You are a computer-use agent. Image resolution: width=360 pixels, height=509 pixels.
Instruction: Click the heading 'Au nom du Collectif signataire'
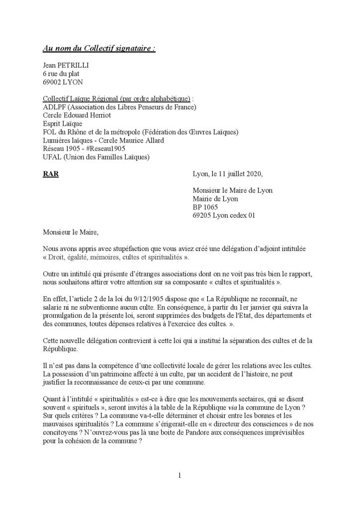[98, 48]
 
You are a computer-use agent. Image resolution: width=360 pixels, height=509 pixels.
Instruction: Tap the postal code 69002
[53, 81]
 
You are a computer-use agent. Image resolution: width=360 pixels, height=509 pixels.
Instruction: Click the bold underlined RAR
[51, 174]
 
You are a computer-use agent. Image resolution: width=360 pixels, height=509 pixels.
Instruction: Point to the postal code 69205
[203, 215]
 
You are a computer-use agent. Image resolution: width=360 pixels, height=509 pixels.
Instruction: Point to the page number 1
[180, 476]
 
